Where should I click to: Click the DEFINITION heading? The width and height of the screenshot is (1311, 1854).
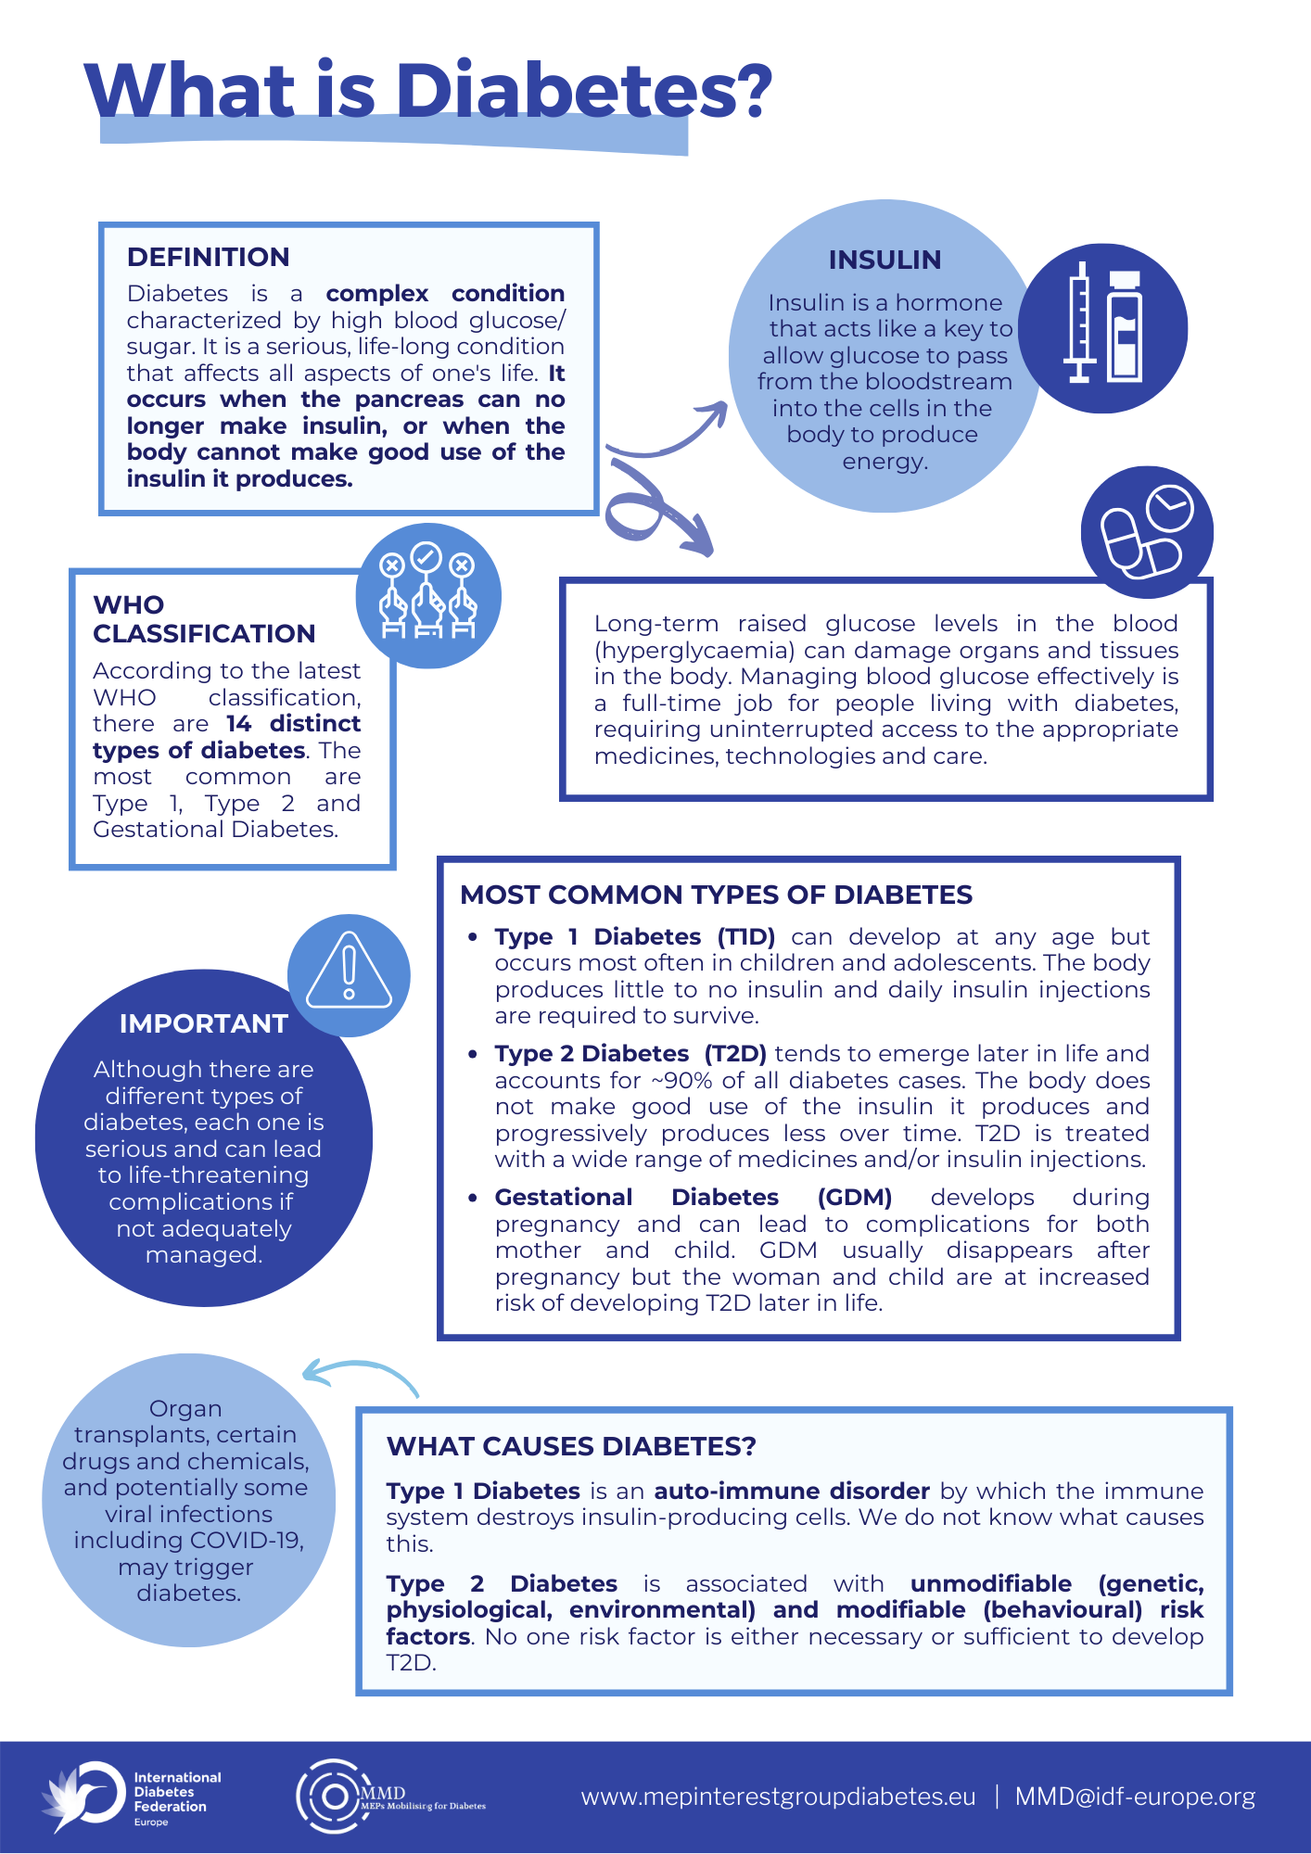coord(208,257)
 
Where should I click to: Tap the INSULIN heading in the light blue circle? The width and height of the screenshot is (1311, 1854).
coord(885,260)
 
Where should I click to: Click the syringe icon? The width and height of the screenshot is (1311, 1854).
coord(1079,323)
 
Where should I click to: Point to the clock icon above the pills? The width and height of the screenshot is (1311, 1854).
coord(1169,507)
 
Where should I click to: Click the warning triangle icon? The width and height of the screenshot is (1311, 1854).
coord(349,971)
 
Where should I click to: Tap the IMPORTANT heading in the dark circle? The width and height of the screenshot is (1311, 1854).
coord(203,1023)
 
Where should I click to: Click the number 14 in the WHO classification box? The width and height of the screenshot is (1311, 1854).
coord(238,723)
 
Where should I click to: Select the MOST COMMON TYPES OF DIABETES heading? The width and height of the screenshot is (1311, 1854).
coord(716,895)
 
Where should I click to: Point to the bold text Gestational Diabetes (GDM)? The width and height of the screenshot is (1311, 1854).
coord(693,1197)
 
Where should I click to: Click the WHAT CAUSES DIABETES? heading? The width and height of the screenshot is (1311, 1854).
coord(571,1446)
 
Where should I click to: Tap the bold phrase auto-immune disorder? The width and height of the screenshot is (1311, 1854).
coord(791,1491)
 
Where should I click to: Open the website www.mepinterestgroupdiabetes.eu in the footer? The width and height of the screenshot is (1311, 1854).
coord(778,1797)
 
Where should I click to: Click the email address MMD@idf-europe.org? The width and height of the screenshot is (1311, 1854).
coord(1135,1797)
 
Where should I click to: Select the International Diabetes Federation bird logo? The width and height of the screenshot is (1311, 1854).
coord(83,1796)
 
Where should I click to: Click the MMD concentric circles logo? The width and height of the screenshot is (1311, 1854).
coord(329,1796)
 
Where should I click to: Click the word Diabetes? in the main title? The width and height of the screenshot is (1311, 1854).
coord(584,91)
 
